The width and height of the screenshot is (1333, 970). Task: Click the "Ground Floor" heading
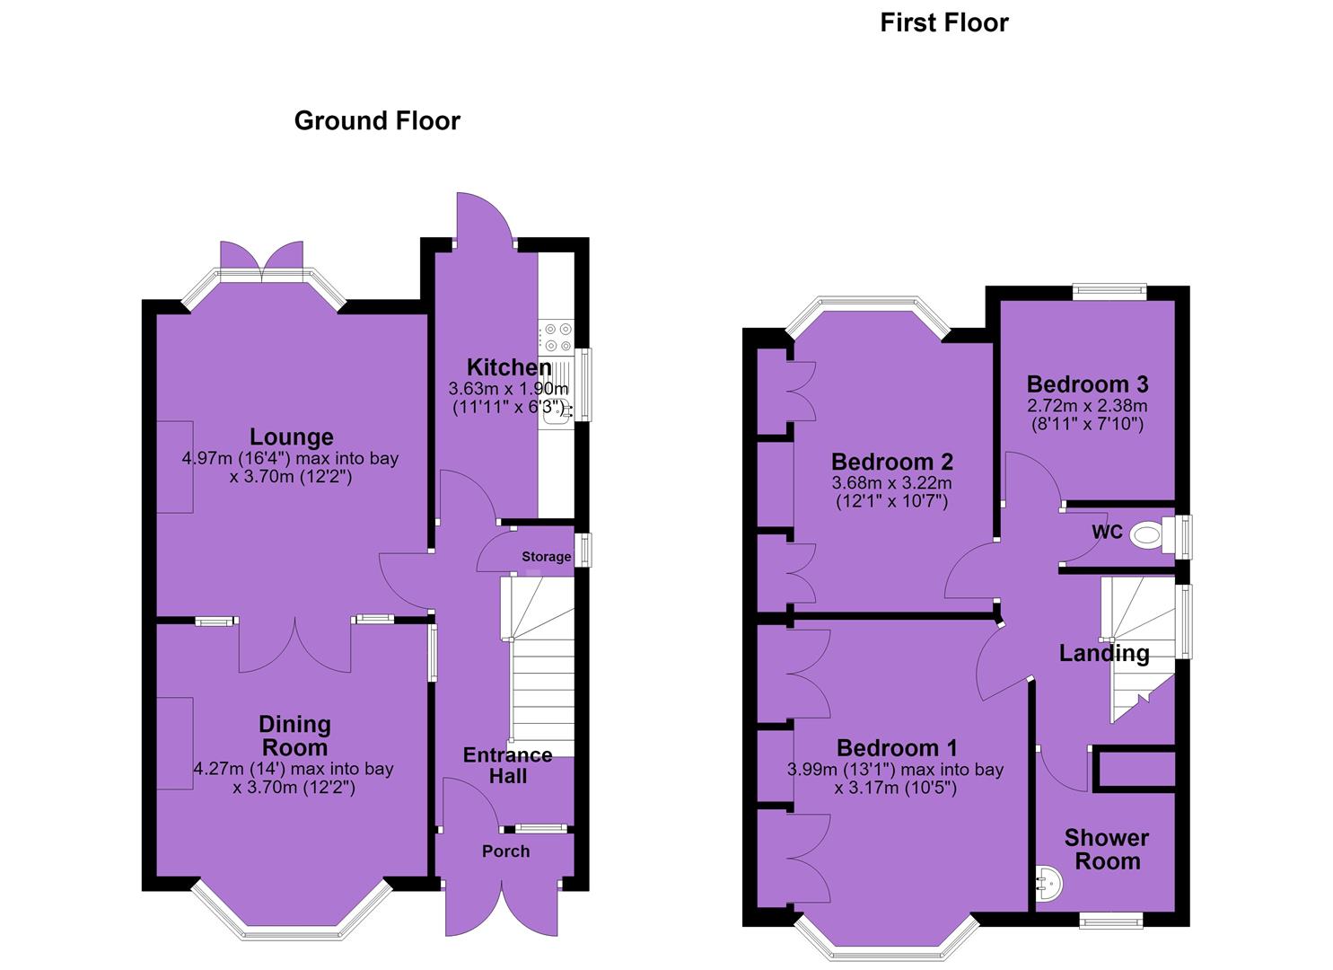[x=377, y=121]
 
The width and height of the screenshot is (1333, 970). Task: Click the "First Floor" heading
[x=944, y=23]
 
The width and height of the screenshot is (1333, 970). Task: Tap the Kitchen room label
[x=509, y=367]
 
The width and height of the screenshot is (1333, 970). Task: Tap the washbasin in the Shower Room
[x=1048, y=881]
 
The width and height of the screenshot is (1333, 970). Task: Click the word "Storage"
[x=547, y=557]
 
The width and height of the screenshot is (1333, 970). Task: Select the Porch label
[x=506, y=851]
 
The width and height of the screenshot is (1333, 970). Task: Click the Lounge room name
[x=292, y=437]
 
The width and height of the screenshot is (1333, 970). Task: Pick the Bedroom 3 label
[x=1087, y=384]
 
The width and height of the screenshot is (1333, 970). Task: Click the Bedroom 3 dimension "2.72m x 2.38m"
[x=1087, y=406]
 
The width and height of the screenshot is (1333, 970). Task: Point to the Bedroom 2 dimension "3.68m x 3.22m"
[x=892, y=483]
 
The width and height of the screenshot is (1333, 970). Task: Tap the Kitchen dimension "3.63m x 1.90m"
[x=508, y=389]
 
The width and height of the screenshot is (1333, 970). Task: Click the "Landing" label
[x=1104, y=654]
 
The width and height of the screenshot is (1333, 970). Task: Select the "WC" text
[x=1107, y=532]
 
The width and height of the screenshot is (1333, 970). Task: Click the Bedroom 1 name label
[x=897, y=748]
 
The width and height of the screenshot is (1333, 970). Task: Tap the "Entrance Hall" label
[x=507, y=766]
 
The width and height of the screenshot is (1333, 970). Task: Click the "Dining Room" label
[x=294, y=736]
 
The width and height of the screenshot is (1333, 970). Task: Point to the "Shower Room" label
[x=1107, y=850]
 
